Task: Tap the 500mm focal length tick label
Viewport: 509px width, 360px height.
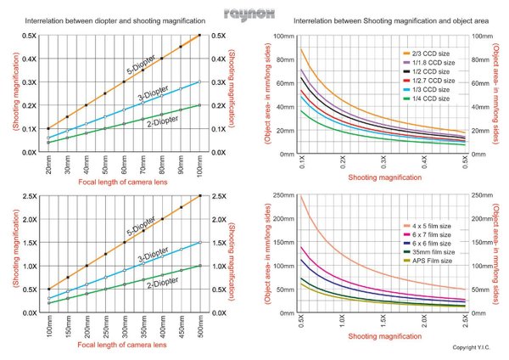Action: coord(199,327)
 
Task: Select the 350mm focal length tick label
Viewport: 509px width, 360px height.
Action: coord(143,327)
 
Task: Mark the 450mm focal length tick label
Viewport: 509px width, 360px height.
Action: coord(181,327)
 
